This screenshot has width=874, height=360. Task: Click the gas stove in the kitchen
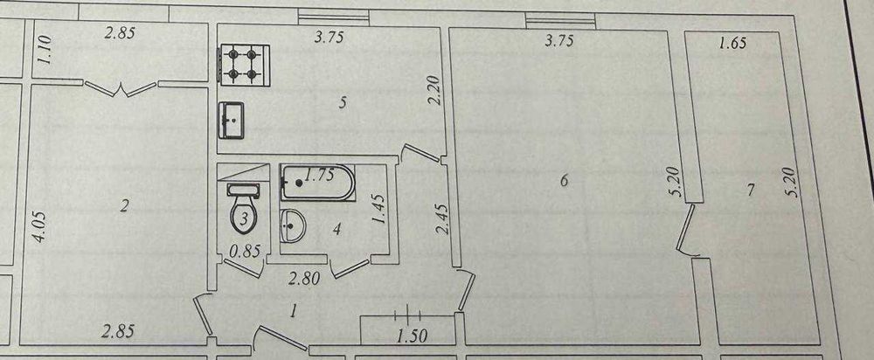(x=245, y=65)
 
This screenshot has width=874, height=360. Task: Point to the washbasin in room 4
(x=292, y=226)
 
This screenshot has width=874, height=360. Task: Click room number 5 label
(x=343, y=102)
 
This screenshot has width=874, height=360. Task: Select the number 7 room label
(x=751, y=190)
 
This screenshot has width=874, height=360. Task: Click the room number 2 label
(x=124, y=207)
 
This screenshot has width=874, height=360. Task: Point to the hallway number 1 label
(x=293, y=312)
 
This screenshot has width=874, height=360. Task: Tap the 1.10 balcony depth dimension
(x=45, y=49)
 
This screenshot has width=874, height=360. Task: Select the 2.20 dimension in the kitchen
(x=436, y=92)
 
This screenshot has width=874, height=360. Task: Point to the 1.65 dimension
(x=732, y=44)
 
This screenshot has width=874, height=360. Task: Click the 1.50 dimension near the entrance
(x=413, y=336)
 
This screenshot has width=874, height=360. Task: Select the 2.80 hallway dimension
(x=304, y=278)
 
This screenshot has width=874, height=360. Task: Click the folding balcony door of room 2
(x=121, y=88)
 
